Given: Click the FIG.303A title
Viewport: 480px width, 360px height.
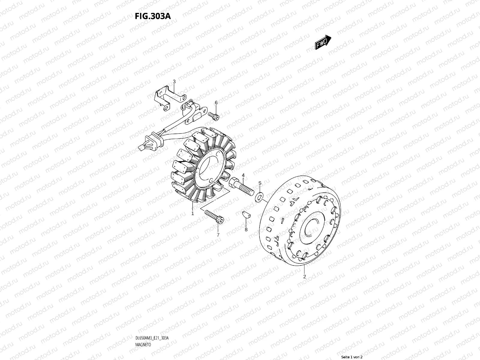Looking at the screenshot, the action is pos(152,16).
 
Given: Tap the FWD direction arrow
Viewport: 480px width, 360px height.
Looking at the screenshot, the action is pos(323,42).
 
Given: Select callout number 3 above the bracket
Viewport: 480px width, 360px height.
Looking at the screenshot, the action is pos(174,82).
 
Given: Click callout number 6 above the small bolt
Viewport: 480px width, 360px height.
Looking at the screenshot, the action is pos(216,103).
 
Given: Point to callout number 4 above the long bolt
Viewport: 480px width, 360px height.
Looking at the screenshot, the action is pos(243,175).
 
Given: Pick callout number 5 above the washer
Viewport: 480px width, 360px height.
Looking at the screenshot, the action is pos(260,183).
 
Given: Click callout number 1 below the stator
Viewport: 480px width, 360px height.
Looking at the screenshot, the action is pos(192,213).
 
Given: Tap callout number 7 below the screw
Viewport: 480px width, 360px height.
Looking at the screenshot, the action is pos(218,235).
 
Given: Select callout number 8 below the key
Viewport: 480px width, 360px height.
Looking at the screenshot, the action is pos(246,230).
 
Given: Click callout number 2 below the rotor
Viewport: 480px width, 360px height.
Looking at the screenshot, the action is pos(304,277).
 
